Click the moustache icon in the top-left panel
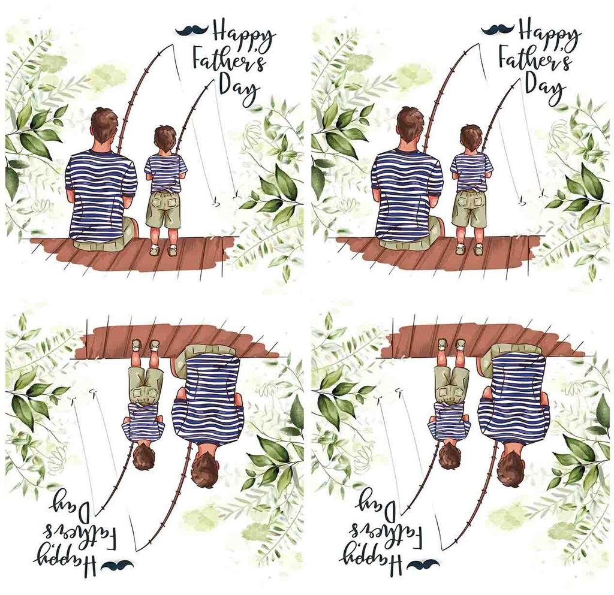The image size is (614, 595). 191,30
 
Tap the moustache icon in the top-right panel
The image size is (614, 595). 497,29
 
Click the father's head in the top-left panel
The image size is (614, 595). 104,125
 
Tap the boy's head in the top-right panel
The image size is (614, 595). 471,138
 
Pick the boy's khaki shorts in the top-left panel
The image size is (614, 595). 163,210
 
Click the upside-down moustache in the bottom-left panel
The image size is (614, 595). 117,565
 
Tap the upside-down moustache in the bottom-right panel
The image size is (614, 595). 423,565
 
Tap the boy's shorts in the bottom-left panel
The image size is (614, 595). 146,385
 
